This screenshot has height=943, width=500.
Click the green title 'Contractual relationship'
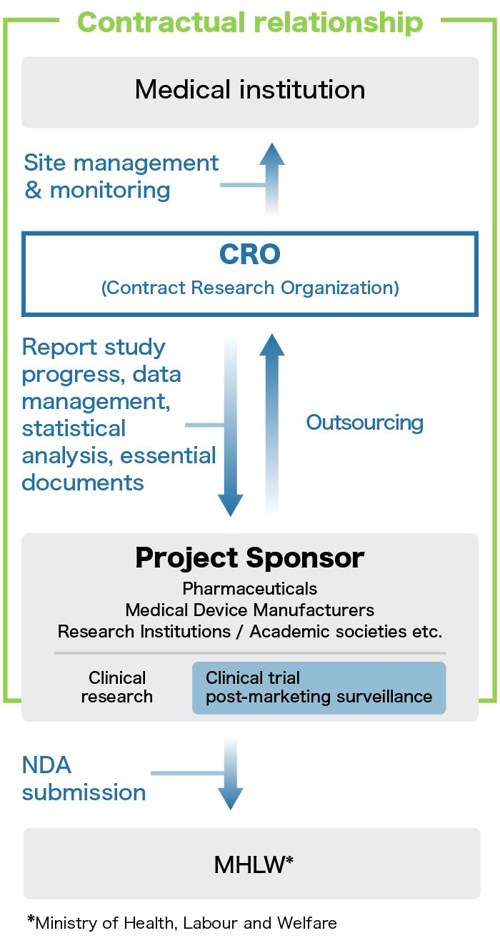click(x=250, y=22)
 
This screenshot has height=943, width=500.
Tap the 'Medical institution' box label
click(x=250, y=90)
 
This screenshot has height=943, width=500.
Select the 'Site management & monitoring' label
click(x=121, y=176)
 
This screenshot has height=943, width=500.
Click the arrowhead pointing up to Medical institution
click(x=272, y=154)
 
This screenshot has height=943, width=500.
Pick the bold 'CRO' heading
click(x=250, y=254)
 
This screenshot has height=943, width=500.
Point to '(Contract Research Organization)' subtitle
click(x=250, y=288)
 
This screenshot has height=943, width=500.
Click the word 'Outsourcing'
click(x=365, y=423)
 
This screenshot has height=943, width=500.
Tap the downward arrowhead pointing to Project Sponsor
click(x=231, y=505)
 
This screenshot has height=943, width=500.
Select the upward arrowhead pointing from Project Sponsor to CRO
click(x=272, y=346)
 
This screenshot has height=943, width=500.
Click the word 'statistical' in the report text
click(x=74, y=428)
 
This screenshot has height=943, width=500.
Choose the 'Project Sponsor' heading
click(x=250, y=558)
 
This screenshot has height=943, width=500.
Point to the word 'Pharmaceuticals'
click(x=250, y=589)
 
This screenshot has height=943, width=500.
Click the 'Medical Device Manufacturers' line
click(x=250, y=610)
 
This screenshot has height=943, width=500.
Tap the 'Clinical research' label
click(x=117, y=687)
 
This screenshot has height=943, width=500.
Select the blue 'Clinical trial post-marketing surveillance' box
click(x=319, y=688)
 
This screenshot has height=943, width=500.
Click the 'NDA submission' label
click(x=84, y=779)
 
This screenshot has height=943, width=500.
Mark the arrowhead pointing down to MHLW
click(x=231, y=798)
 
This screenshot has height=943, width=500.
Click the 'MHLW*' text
click(x=254, y=865)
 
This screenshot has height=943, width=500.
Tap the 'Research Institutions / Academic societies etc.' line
click(x=250, y=632)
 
